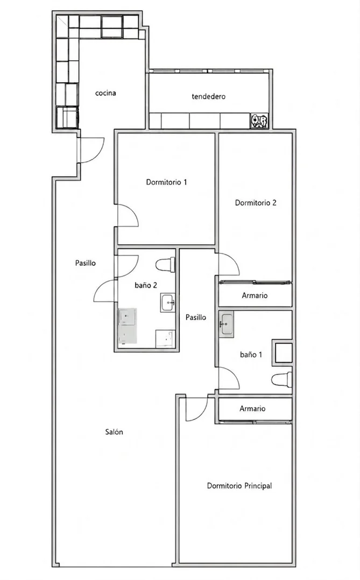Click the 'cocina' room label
105,93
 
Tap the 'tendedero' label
208,96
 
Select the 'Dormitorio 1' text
166,182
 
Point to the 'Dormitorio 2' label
256,203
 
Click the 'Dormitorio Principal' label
239,486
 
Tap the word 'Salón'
114,432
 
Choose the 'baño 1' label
251,355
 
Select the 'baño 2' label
146,285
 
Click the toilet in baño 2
165,265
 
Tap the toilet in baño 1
281,380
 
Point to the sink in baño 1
226,324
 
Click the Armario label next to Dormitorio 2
255,295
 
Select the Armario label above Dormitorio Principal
252,409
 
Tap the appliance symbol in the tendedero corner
259,121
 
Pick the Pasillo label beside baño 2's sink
196,317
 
